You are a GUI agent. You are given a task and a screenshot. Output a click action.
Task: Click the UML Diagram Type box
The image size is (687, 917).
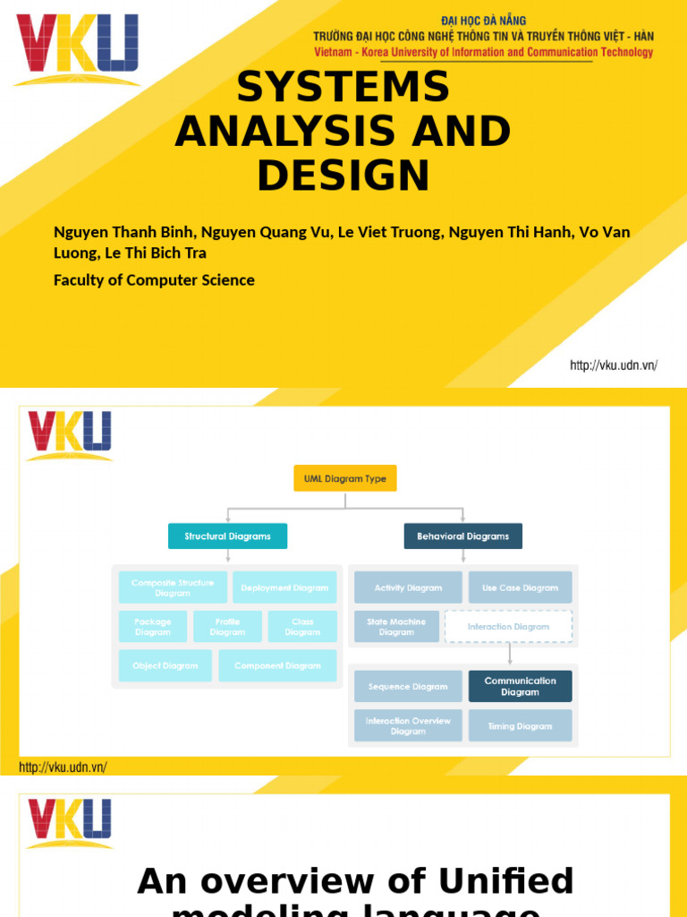[x=344, y=478]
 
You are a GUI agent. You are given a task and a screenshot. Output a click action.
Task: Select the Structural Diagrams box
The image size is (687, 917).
[x=227, y=536]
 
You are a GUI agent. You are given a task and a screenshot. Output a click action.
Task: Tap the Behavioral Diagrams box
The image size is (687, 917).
[x=462, y=536]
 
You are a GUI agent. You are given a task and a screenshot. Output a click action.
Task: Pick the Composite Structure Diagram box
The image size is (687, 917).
[x=173, y=587]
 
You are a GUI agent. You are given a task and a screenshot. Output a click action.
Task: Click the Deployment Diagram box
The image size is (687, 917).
[x=284, y=587]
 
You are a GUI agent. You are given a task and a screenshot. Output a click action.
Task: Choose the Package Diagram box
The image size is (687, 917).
[x=153, y=627]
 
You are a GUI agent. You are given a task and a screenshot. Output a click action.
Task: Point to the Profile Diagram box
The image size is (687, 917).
[x=227, y=627]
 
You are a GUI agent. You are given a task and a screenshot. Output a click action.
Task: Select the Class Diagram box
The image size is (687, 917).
[x=302, y=627]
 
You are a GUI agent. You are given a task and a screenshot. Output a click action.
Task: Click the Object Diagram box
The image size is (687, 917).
[x=165, y=665]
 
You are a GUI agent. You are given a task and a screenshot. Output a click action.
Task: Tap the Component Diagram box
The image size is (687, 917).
[x=277, y=665]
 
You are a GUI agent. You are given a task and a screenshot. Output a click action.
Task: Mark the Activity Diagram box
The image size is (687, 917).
[x=408, y=587]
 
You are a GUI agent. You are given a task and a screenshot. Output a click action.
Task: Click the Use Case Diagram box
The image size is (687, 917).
[x=520, y=587]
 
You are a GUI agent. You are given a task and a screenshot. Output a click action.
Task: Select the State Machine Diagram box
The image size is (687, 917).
[x=396, y=627]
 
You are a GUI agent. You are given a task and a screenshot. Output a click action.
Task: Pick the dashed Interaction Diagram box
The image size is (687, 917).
[x=508, y=627]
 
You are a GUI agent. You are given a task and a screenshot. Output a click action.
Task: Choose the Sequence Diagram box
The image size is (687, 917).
[x=408, y=687]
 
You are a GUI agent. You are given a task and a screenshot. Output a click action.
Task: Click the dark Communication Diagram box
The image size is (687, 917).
[x=520, y=687]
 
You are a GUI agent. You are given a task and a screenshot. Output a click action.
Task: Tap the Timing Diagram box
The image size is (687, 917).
[x=520, y=726]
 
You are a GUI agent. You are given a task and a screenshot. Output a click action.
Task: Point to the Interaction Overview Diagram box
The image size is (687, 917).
[x=408, y=726]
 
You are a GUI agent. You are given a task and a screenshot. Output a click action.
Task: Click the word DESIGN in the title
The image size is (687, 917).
[x=343, y=176]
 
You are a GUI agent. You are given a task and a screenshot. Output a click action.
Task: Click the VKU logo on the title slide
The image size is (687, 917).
[x=77, y=48]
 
